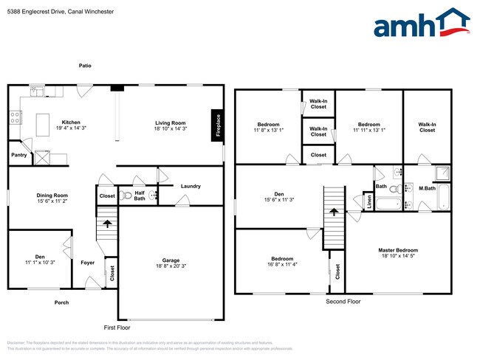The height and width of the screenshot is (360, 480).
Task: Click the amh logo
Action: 421,24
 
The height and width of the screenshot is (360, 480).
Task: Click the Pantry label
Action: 19,155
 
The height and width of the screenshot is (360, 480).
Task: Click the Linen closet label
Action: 370,201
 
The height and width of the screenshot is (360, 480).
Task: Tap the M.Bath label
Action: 427,187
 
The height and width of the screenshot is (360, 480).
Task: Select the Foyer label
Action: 87,262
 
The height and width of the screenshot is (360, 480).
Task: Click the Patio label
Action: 86,66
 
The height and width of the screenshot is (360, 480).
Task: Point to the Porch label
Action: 61,302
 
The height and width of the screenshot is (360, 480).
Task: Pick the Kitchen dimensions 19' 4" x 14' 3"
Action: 71,128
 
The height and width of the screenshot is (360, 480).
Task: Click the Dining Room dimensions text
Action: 52,201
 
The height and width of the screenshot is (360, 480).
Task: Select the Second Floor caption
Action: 343,302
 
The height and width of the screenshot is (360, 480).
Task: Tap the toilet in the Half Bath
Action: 127,197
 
